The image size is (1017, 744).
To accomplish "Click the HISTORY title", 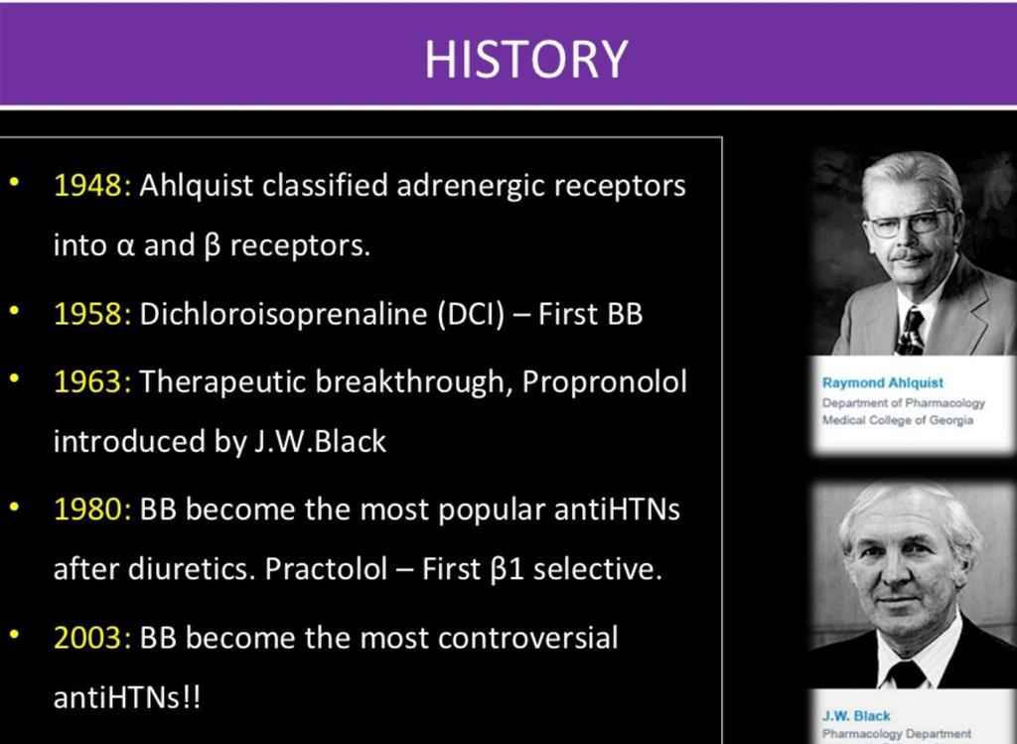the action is [x=526, y=59].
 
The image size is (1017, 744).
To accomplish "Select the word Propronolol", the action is [x=604, y=381].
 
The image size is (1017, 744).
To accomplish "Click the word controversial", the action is [x=528, y=638].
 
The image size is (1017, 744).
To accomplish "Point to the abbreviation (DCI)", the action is [x=471, y=315].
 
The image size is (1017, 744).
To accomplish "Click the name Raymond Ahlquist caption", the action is [x=883, y=382].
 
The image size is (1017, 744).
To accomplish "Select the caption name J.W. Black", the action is [x=856, y=716].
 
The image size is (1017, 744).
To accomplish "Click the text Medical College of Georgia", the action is [x=898, y=419].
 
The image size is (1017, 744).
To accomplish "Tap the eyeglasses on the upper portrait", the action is [x=908, y=223].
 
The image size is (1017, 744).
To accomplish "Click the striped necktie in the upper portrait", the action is [x=910, y=332].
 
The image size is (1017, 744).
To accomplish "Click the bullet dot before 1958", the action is [x=14, y=310].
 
